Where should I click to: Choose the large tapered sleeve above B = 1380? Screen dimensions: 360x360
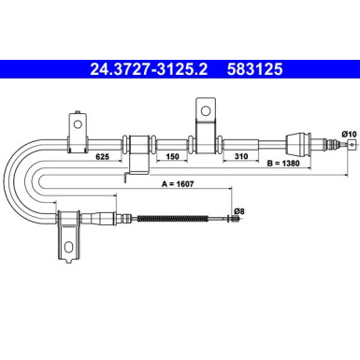pyautogui.click(x=295, y=145)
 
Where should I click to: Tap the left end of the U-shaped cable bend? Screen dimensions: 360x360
pyautogui.click(x=11, y=182)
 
